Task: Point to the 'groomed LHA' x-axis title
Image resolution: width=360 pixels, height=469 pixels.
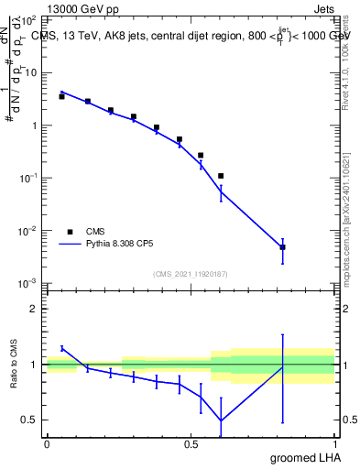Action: coord(303,457)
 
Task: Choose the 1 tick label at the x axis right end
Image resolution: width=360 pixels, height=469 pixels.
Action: coord(334,444)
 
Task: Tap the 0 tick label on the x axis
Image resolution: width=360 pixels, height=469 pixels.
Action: coord(47,444)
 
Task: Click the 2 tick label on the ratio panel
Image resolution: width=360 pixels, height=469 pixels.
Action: coord(33,309)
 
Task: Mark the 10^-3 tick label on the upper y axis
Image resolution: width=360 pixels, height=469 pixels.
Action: coord(27,283)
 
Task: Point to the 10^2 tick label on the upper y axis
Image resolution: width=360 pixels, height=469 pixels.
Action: coord(28,19)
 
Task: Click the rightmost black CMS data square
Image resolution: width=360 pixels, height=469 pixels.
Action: coord(283,247)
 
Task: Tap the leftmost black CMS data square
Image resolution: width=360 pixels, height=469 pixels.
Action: coord(61,96)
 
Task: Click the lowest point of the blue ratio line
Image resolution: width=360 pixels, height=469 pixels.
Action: coord(221,420)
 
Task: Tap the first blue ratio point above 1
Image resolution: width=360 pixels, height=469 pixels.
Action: coord(61,348)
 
